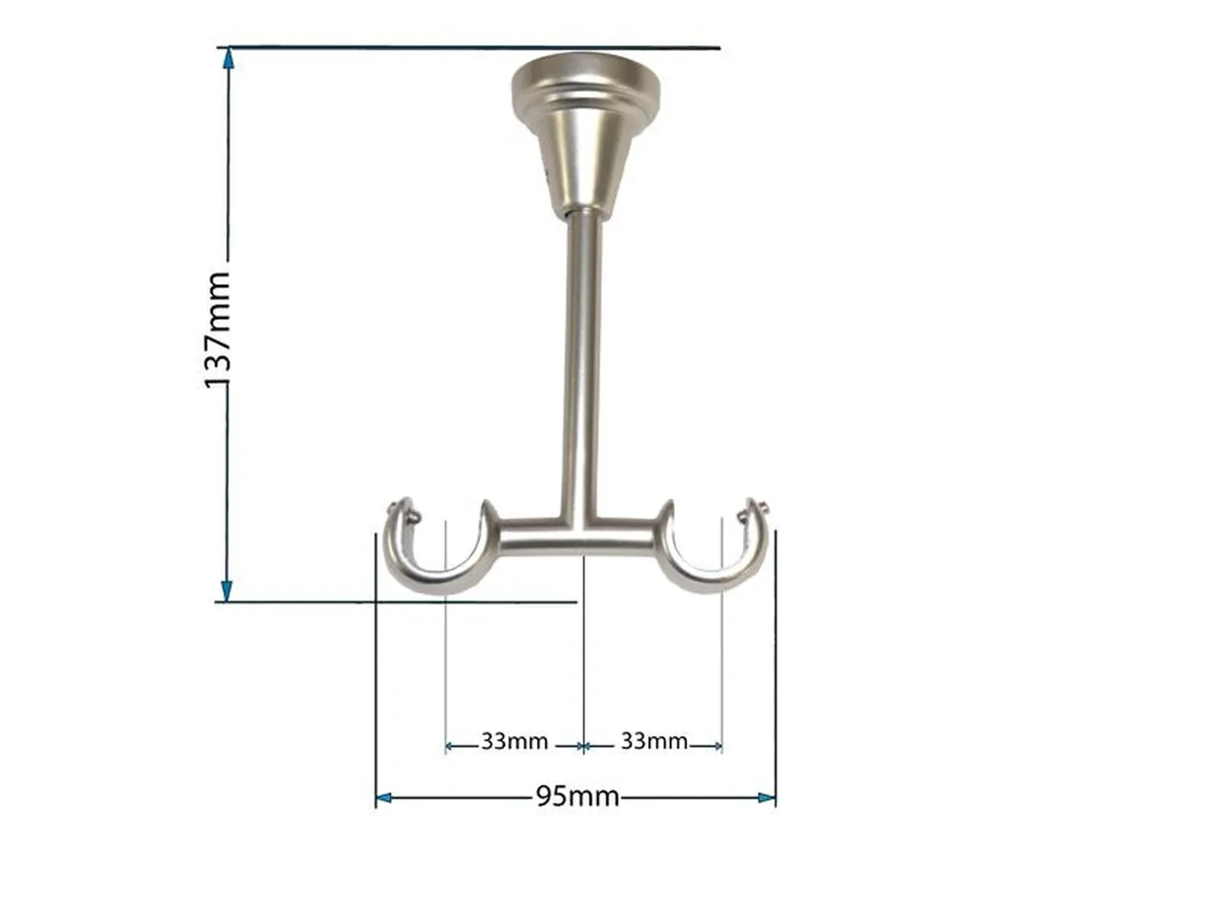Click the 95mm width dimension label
click(577, 797)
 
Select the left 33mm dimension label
click(515, 741)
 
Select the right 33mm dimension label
click(654, 741)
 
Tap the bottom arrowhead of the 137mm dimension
click(226, 590)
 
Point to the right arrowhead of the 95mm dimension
click(767, 797)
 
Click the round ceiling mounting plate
click(585, 83)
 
